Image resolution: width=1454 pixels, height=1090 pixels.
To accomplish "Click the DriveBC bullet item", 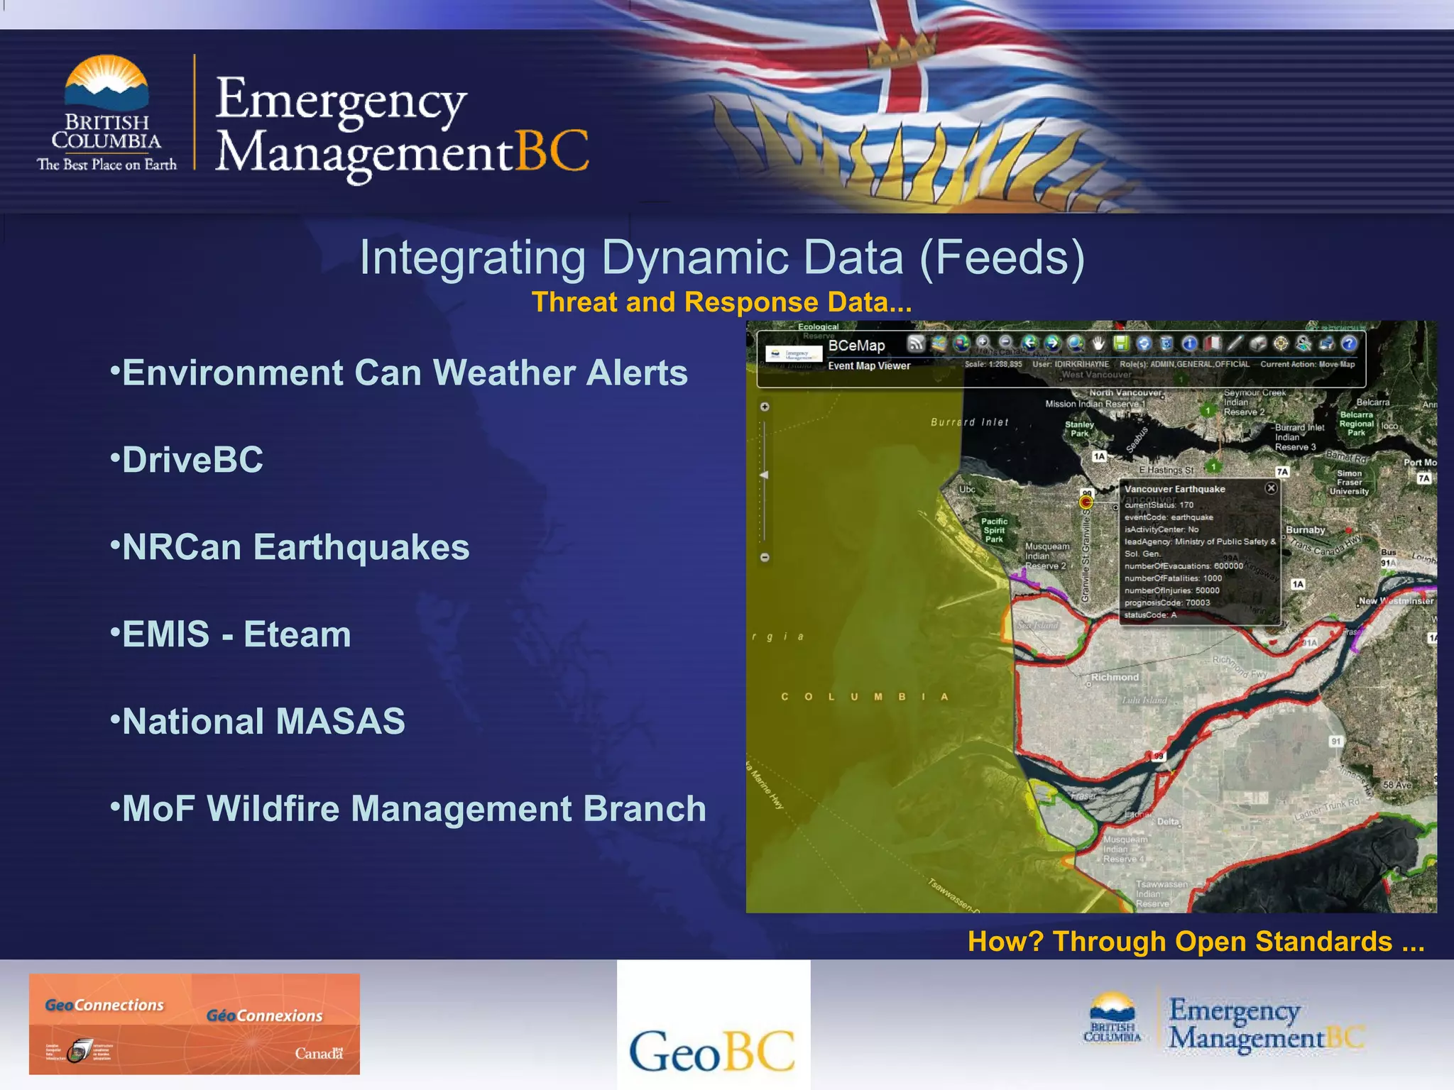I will (192, 460).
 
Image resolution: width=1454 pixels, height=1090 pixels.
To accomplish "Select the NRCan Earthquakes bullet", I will (295, 547).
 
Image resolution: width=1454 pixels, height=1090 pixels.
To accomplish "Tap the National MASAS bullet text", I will (263, 722).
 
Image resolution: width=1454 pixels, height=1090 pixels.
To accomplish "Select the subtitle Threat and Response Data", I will (721, 302).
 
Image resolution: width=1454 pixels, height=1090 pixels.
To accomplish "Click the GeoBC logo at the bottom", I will (712, 1051).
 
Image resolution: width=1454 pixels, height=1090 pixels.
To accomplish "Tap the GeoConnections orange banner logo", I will (194, 1023).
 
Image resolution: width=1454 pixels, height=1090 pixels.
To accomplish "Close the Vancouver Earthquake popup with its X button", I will (1271, 488).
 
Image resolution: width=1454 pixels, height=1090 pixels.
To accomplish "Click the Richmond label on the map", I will (1115, 677).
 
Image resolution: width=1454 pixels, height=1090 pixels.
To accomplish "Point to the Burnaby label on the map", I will (1305, 530).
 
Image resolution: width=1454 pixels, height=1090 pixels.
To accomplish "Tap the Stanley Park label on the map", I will (1079, 429).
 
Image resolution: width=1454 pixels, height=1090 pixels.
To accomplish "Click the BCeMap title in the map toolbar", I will (856, 346).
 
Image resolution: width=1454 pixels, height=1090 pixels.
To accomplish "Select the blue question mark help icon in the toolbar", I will (1348, 343).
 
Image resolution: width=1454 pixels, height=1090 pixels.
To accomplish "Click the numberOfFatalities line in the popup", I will (1173, 578).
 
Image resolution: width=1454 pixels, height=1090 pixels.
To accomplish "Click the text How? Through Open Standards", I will (1196, 942).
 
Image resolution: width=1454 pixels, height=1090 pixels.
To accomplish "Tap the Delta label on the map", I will (1168, 821).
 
